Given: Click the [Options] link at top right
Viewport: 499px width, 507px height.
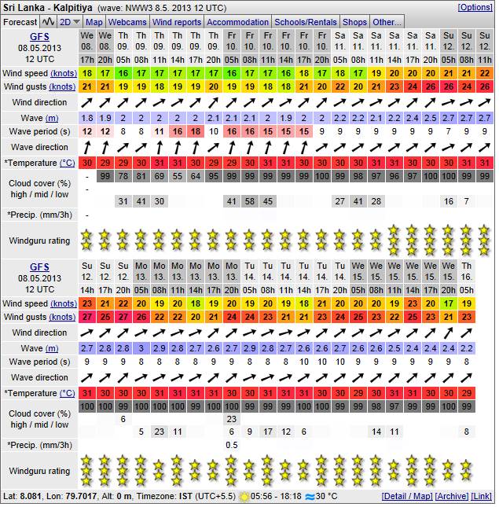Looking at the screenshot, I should (x=475, y=7).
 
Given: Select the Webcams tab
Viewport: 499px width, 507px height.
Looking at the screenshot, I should (x=127, y=22).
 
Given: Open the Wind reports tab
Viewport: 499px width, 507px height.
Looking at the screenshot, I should (x=176, y=22).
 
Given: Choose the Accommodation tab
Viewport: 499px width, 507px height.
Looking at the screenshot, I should (x=237, y=22).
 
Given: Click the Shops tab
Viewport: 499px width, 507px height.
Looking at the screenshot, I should (x=355, y=22).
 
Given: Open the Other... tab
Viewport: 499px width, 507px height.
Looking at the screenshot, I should (x=387, y=22).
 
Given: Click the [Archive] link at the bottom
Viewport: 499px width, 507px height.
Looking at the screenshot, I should (x=451, y=497).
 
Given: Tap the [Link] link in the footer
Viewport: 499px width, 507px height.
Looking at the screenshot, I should (x=482, y=497).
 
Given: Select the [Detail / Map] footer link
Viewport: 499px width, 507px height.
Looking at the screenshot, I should (x=406, y=497).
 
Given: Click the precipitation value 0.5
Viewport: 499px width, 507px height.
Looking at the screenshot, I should (x=231, y=445).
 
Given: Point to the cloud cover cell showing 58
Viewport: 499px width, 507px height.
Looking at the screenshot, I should (x=249, y=201).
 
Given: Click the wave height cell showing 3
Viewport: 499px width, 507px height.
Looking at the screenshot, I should (x=141, y=347).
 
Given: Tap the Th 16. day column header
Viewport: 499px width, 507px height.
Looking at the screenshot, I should (x=467, y=272).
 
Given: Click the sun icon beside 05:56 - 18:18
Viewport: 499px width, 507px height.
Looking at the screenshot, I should (x=244, y=497).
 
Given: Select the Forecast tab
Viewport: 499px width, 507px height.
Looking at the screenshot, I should (x=20, y=22).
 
